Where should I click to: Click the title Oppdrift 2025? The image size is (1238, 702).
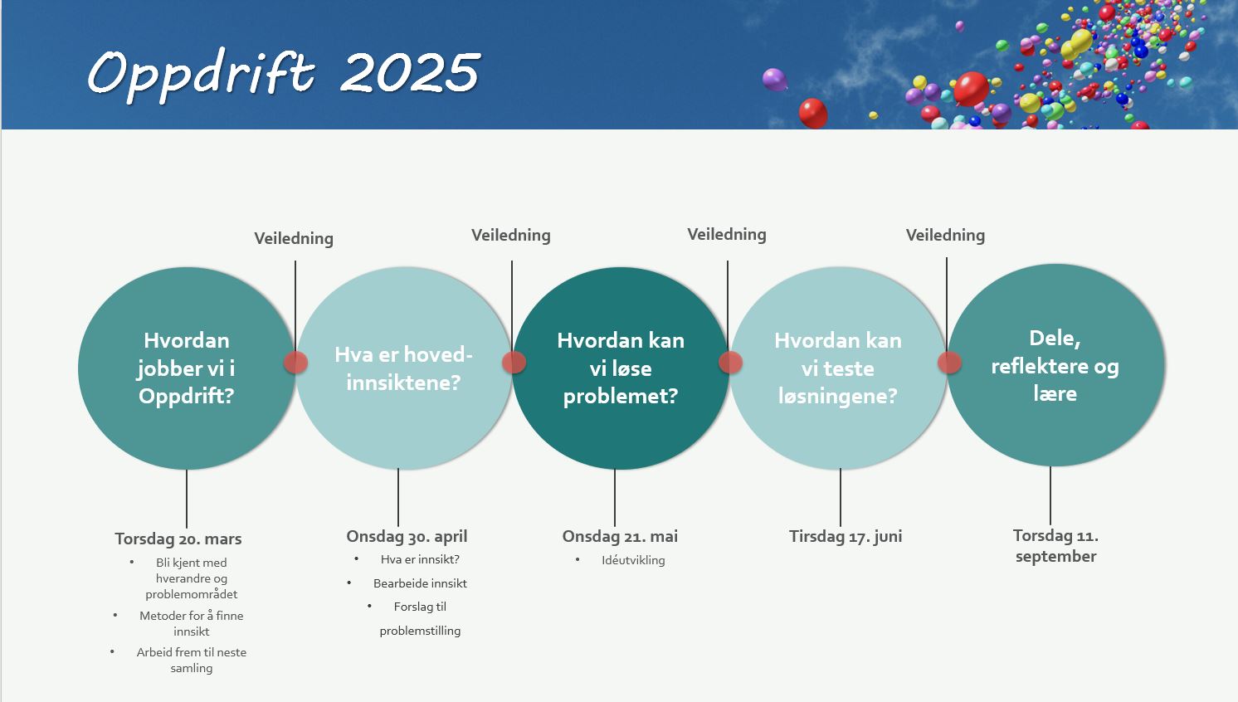coord(284,74)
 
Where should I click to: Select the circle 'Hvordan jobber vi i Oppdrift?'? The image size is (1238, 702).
coord(187,368)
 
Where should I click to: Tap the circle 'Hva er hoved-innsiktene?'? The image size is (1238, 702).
coord(404,368)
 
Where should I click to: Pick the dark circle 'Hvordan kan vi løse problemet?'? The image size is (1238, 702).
coord(621,368)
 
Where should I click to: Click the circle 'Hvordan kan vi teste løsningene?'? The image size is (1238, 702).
coord(838,368)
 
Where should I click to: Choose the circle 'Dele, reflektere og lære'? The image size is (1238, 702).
coord(1056,365)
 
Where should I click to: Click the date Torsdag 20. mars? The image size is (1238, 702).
coord(178,539)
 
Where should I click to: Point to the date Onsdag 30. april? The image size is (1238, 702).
coord(407,536)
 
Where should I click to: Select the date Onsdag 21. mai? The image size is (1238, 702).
coord(620,536)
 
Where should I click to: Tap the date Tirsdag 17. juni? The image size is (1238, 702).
coord(846,536)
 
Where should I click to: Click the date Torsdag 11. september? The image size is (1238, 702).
coord(1055,545)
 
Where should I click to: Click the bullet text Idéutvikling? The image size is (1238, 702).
coord(633,560)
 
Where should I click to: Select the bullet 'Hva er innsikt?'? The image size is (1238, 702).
coord(420,559)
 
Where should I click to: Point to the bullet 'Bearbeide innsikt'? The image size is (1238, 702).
coord(420,583)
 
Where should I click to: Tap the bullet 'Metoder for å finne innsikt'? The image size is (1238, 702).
coord(191,623)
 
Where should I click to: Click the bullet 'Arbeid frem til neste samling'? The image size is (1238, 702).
coord(191,660)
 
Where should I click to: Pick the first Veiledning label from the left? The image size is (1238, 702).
coord(294,238)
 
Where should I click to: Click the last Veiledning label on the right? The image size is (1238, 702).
coord(945,235)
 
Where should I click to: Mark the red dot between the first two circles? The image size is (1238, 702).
coord(295,362)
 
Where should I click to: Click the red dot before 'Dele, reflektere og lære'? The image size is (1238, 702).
coord(949,363)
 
